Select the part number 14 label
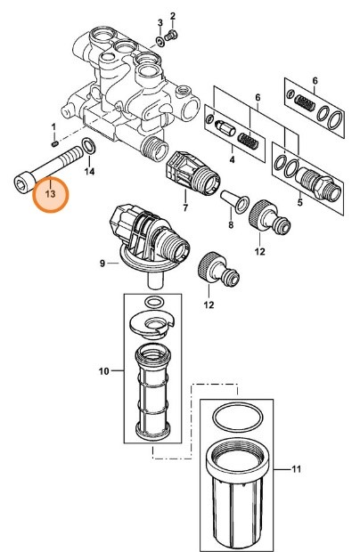coord(89,169)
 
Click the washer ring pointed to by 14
coord(88,146)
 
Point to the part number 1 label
coord(53,126)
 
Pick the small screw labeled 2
coord(174,34)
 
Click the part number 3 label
coord(160,21)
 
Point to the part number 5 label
coord(299,201)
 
